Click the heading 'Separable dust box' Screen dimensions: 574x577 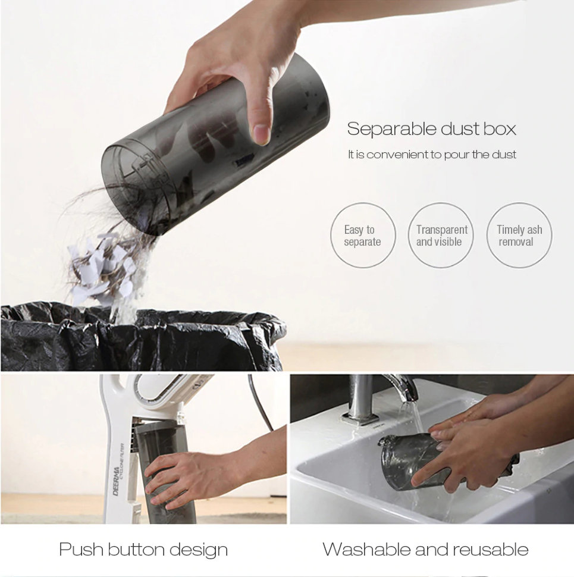(432, 129)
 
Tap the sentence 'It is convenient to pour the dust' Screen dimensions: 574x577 (432, 155)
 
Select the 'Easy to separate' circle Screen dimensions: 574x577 (363, 235)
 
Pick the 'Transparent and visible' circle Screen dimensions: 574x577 (441, 235)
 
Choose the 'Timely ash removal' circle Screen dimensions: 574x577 (519, 235)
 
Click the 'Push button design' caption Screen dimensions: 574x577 (143, 550)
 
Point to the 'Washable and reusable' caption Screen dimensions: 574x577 (426, 550)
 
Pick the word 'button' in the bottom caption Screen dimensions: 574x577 (136, 550)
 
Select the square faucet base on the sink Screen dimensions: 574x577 (360, 418)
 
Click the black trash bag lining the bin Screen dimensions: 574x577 (142, 337)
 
